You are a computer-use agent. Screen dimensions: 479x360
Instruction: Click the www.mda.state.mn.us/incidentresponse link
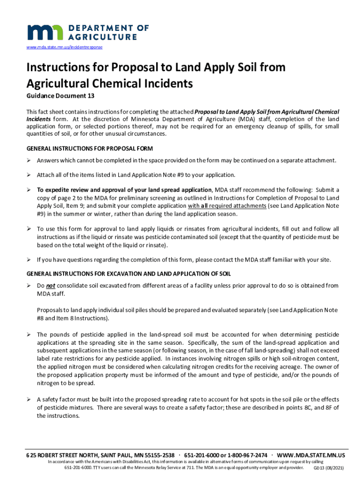(65, 48)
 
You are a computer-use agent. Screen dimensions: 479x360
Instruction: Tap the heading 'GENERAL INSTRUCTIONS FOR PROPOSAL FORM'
(89, 149)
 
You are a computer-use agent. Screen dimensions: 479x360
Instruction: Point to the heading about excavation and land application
(129, 273)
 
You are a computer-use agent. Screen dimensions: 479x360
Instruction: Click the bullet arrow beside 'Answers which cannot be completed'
(29, 160)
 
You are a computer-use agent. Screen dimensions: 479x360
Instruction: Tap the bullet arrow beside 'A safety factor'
(29, 399)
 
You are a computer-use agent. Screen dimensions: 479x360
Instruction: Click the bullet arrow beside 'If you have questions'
(29, 260)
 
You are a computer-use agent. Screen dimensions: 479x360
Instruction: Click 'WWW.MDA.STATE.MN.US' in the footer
(311, 456)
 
